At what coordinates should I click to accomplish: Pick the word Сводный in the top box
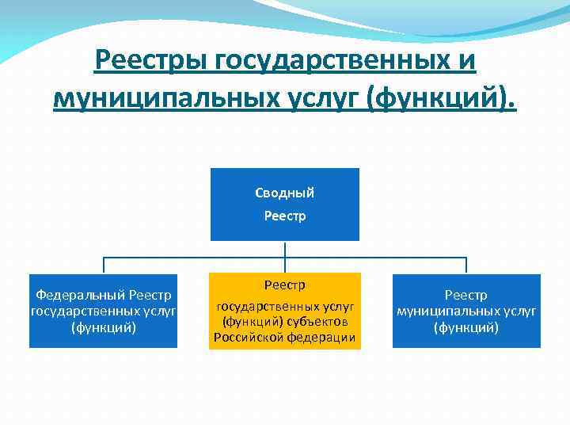284,193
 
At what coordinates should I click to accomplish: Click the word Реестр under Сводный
284,216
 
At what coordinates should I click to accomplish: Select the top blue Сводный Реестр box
284,204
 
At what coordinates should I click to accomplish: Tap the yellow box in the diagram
284,311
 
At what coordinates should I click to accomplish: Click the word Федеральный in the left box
77,295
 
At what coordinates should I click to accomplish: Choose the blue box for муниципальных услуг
466,311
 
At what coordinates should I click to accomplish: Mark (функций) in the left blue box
104,327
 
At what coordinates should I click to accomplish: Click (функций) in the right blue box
466,327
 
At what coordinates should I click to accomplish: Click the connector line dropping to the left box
104,266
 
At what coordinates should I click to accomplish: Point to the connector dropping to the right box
466,266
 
